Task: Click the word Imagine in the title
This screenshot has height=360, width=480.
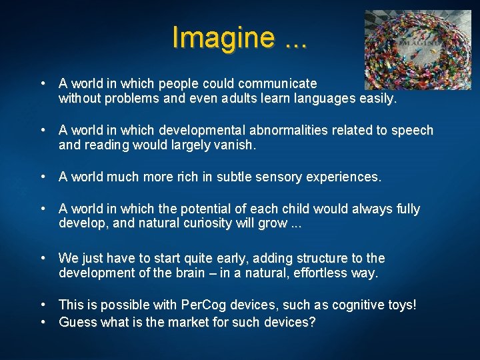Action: (x=222, y=37)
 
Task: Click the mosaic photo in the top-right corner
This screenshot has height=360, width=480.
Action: (x=418, y=45)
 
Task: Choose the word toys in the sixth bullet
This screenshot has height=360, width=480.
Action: (x=401, y=305)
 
